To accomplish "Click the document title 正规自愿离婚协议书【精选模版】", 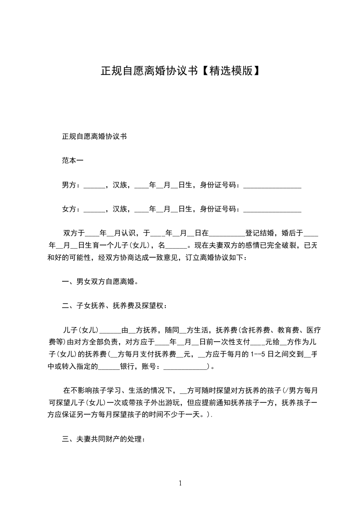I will (180, 71).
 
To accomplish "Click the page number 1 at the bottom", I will (180, 483).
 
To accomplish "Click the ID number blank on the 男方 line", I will (272, 186).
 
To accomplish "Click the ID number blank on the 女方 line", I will (272, 210).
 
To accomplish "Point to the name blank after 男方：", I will (94, 186).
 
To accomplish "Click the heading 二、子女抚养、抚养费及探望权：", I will (114, 306).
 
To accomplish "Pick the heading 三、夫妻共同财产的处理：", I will (104, 439).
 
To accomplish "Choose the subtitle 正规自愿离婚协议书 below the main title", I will (94, 136).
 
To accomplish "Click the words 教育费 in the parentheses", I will (287, 330).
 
